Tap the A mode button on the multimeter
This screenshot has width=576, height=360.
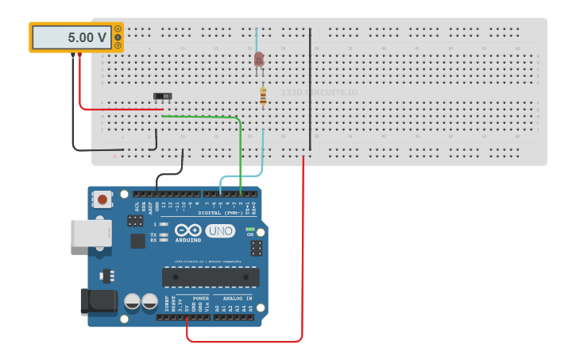tap(118, 29)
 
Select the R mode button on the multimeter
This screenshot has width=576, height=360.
tap(118, 45)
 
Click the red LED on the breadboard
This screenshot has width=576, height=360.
tap(259, 59)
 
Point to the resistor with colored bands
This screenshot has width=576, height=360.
tap(263, 96)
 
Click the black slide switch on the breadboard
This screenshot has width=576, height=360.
tap(162, 96)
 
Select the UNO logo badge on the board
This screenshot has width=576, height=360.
tap(220, 231)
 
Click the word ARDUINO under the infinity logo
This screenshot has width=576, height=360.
tap(188, 239)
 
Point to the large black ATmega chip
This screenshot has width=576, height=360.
tap(211, 277)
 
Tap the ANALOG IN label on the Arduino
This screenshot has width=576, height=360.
tap(234, 298)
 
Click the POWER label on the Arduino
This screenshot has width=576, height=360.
tap(201, 298)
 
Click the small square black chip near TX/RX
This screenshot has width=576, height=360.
tap(138, 240)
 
